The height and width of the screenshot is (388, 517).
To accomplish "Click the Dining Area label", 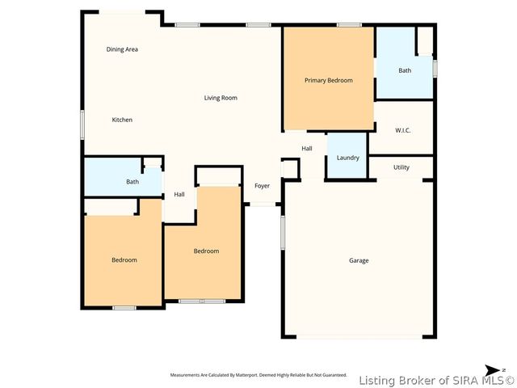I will tap(123, 49).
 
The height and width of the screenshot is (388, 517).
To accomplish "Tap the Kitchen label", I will tap(122, 120).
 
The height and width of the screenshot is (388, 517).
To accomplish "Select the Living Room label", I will tap(221, 98).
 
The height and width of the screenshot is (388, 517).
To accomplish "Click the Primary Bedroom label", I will tap(328, 80).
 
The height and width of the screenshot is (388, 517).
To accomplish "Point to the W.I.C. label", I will tap(403, 130).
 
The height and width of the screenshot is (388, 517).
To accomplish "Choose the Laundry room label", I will tap(348, 158).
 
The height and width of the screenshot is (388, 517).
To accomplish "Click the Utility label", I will tap(401, 167).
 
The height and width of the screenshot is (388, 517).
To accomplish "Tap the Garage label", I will tap(359, 260).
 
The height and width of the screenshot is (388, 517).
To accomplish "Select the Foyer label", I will tap(263, 186).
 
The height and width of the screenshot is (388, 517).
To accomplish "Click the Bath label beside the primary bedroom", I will tap(405, 70).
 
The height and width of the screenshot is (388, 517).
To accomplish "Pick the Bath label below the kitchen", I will tap(132, 182).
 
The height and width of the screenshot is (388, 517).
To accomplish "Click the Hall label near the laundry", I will tap(307, 149).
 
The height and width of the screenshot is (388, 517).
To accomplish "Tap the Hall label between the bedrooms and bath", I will tap(179, 194).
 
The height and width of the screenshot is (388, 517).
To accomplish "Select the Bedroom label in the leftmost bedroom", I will tap(124, 259).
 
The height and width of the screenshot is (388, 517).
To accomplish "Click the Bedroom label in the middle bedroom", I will tap(206, 251).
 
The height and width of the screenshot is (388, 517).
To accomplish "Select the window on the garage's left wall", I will tap(283, 234).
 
